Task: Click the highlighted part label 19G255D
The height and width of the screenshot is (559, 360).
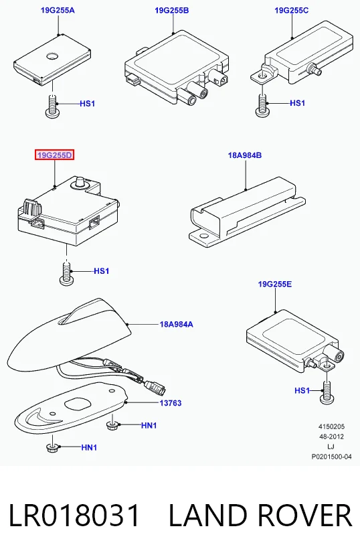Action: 54,155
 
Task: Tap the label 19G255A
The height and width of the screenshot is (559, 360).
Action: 58,10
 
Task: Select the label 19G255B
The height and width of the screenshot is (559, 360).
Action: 172,10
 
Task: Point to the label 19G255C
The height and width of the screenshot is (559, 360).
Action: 292,10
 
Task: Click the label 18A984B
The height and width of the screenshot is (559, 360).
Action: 245,155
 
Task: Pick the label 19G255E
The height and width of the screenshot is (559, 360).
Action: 275,284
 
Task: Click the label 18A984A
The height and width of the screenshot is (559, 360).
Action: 176,325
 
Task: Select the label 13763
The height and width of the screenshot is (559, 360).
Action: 171,403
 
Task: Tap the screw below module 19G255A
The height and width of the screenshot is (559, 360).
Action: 52,106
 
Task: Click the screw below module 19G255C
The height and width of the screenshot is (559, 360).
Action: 262,105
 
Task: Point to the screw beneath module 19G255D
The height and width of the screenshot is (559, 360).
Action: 66,274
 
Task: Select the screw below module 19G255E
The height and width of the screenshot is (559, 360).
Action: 327,393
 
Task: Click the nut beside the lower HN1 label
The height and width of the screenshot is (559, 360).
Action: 52,448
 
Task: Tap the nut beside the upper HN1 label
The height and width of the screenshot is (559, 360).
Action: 112,425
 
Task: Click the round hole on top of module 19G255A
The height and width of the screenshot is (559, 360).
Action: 52,56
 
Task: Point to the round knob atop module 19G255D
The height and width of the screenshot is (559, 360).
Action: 80,182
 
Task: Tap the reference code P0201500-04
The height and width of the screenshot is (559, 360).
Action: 331,457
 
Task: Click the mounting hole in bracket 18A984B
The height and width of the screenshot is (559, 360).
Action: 203,236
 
